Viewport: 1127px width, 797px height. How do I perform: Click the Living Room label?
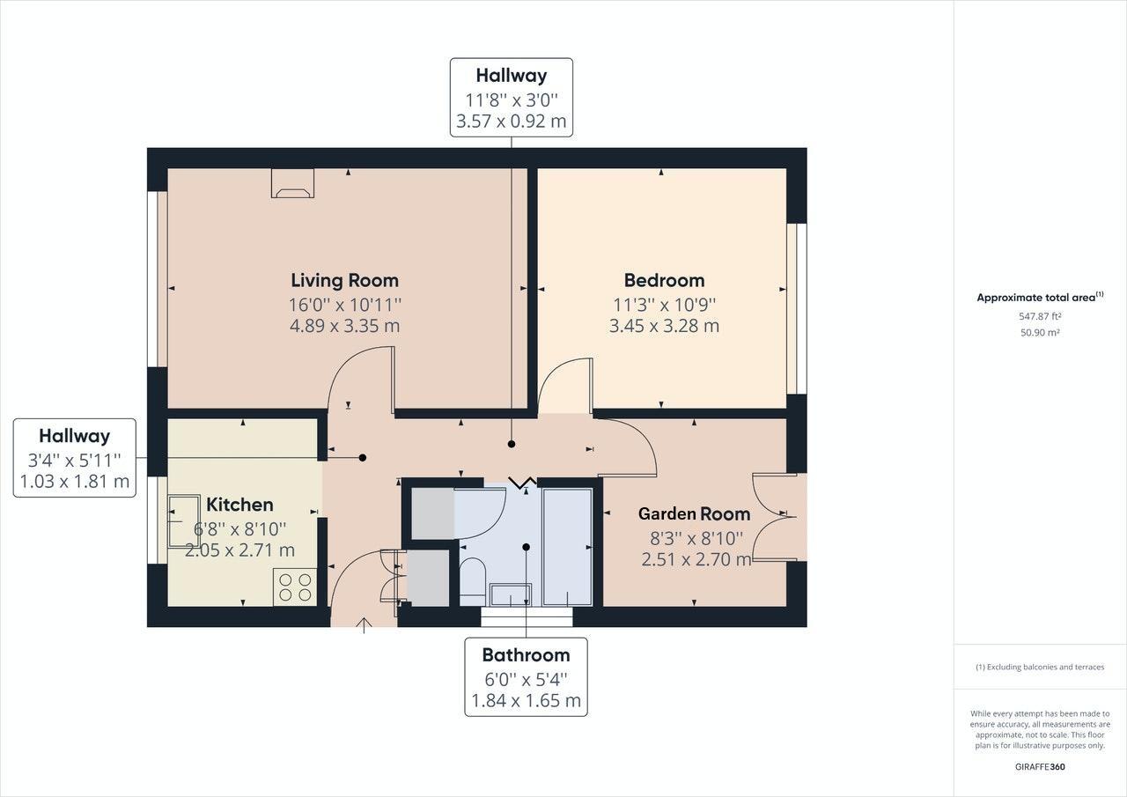pyautogui.click(x=344, y=280)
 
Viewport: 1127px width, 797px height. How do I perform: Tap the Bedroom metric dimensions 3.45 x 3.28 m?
pyautogui.click(x=664, y=326)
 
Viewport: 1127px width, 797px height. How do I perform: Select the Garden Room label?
pyautogui.click(x=694, y=513)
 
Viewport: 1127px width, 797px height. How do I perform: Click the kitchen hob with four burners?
pyautogui.click(x=295, y=587)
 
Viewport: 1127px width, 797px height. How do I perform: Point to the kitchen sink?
pyautogui.click(x=184, y=521)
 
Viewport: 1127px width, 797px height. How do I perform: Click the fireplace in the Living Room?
pyautogui.click(x=292, y=182)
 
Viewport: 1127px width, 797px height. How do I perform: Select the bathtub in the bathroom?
pyautogui.click(x=567, y=546)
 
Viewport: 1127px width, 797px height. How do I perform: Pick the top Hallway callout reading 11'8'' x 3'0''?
pyautogui.click(x=512, y=98)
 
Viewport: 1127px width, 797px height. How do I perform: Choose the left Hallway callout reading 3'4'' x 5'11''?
pyautogui.click(x=75, y=458)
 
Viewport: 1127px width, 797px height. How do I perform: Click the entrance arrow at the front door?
pyautogui.click(x=363, y=625)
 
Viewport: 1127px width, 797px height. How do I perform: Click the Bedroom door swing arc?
pyautogui.click(x=564, y=386)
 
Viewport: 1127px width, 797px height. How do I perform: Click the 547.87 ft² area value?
pyautogui.click(x=1040, y=316)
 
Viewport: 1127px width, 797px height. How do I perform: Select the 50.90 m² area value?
pyautogui.click(x=1040, y=333)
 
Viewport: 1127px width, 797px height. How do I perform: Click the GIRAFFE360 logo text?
pyautogui.click(x=1040, y=766)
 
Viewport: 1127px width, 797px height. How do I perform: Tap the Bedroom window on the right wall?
pyautogui.click(x=795, y=308)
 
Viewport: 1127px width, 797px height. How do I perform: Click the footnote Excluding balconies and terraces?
pyautogui.click(x=1040, y=667)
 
